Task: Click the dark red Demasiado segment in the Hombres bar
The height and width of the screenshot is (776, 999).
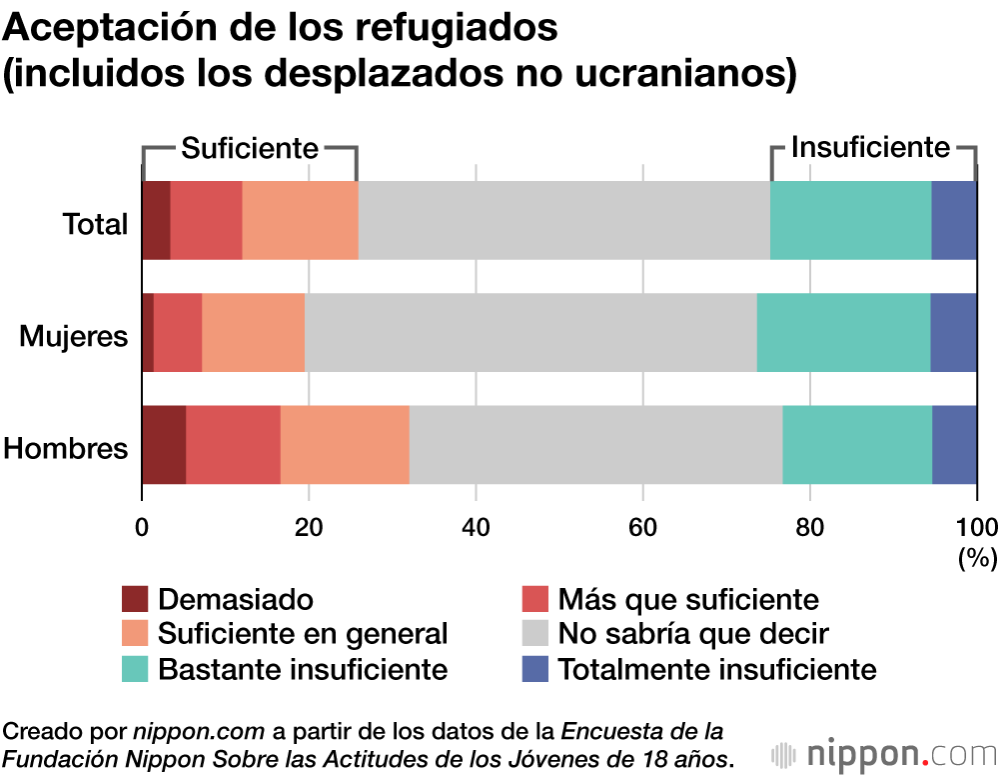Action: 164,446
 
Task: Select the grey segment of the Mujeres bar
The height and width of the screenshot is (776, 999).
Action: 530,333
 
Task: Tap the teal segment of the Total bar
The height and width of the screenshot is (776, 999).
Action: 850,220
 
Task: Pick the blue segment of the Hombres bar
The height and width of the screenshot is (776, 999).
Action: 954,446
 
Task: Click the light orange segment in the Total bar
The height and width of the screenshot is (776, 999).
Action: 300,220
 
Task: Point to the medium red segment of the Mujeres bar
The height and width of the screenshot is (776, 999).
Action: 178,333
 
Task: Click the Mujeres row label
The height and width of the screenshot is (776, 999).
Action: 74,336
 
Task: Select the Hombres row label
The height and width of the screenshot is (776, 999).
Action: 66,448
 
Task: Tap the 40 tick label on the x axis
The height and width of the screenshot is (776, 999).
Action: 476,527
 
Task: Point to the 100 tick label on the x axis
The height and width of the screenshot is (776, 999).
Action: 976,527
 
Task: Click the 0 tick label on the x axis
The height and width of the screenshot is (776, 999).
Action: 142,527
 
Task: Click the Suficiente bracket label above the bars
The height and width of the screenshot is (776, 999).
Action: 249,149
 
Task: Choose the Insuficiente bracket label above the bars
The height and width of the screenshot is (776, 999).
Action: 869,148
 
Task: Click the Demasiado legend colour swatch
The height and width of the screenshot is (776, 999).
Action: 135,599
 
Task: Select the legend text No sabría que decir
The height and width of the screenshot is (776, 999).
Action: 693,634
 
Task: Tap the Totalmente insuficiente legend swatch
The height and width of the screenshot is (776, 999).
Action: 536,668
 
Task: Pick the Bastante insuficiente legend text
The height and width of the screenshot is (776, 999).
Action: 303,668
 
